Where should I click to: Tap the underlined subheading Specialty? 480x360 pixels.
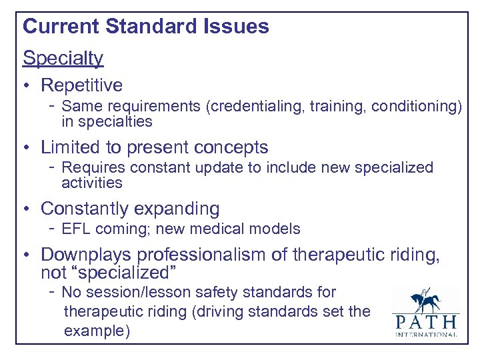tap(63, 58)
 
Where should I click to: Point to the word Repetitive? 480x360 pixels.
tap(82, 85)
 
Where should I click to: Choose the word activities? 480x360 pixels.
tap(92, 183)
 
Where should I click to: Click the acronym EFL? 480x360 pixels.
tap(75, 229)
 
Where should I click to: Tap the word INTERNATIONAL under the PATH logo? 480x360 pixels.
tap(425, 334)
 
